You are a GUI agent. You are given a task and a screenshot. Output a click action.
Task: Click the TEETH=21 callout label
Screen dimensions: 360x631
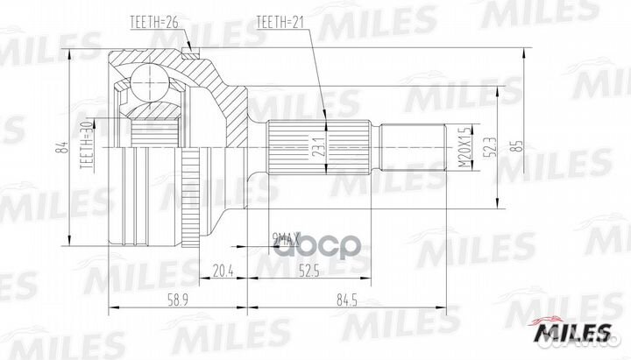tap(280, 21)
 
